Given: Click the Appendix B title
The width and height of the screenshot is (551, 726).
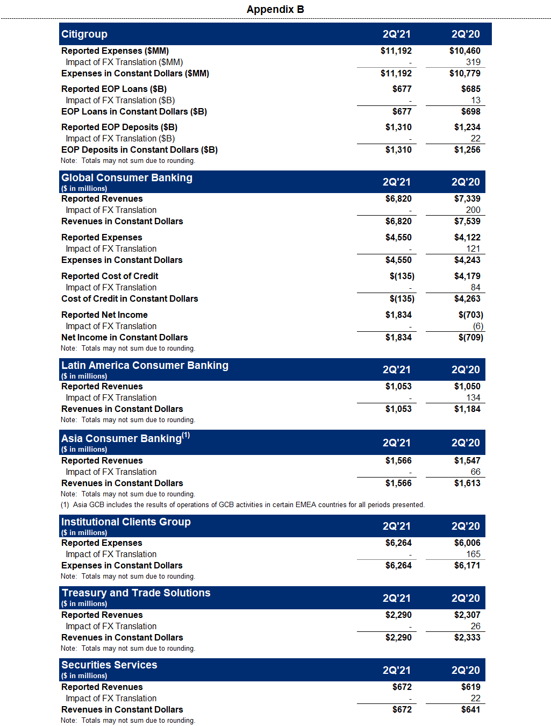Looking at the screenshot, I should pyautogui.click(x=275, y=9).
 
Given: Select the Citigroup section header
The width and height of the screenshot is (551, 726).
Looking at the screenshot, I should pyautogui.click(x=84, y=34).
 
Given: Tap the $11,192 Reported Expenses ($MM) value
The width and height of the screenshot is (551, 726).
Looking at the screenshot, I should pyautogui.click(x=396, y=51).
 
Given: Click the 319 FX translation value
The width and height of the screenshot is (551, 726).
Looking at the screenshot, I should pyautogui.click(x=473, y=62).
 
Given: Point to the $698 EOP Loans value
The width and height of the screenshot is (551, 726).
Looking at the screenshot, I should pyautogui.click(x=470, y=111).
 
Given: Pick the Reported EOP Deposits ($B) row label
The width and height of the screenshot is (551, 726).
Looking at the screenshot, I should pyautogui.click(x=119, y=127).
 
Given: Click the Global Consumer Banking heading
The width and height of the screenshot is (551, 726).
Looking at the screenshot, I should pyautogui.click(x=127, y=177).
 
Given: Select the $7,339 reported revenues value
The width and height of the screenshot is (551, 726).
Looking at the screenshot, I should pyautogui.click(x=467, y=198).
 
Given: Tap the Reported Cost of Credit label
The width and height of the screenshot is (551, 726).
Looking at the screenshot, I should pyautogui.click(x=110, y=276).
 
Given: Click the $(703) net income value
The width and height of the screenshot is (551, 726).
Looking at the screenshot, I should pyautogui.click(x=470, y=315).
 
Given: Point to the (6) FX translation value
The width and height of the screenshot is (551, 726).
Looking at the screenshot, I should pyautogui.click(x=478, y=326).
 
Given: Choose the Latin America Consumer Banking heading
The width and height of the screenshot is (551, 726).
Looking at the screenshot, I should pyautogui.click(x=145, y=365).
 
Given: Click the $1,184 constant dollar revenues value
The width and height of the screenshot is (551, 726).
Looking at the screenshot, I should pyautogui.click(x=467, y=409).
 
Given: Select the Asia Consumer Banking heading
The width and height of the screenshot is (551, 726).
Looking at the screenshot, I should pyautogui.click(x=125, y=438).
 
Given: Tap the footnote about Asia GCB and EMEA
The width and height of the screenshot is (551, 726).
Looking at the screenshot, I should pyautogui.click(x=242, y=504).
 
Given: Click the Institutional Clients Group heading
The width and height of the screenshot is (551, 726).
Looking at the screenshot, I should pyautogui.click(x=126, y=522).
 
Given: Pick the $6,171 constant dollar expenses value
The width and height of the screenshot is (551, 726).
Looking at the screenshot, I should pyautogui.click(x=467, y=565).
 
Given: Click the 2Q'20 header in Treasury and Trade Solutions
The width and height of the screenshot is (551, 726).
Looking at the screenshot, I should pyautogui.click(x=466, y=598).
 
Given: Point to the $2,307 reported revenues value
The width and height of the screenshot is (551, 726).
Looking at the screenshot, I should pyautogui.click(x=467, y=615).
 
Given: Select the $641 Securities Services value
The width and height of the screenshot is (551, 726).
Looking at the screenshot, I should pyautogui.click(x=470, y=709).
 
